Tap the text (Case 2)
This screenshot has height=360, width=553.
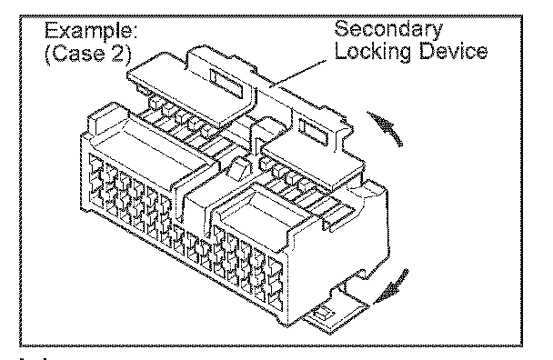88,54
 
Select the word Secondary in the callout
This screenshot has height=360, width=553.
388,30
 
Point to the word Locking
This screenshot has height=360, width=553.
372,52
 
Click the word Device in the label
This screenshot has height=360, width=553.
453,50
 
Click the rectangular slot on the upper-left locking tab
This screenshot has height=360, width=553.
226,84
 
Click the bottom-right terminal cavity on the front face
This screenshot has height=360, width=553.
276,301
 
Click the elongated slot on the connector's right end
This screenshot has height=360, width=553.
341,219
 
